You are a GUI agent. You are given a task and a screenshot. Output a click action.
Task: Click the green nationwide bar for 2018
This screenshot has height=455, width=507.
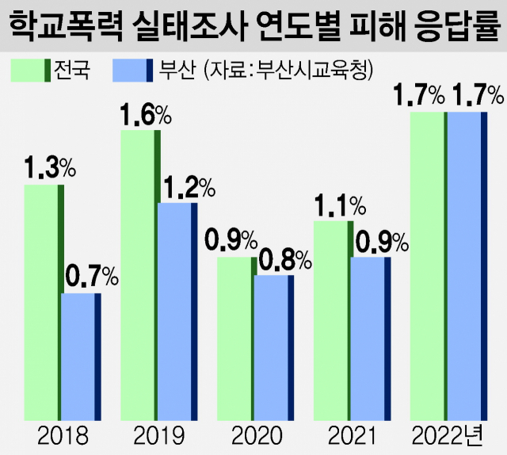point(44,302)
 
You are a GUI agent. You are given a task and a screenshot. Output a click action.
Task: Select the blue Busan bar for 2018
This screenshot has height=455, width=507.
point(81,356)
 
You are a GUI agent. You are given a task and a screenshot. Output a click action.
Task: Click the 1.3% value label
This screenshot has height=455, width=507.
point(49,168)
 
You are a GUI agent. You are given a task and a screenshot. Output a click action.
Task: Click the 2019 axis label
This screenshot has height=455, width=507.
point(158,435)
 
